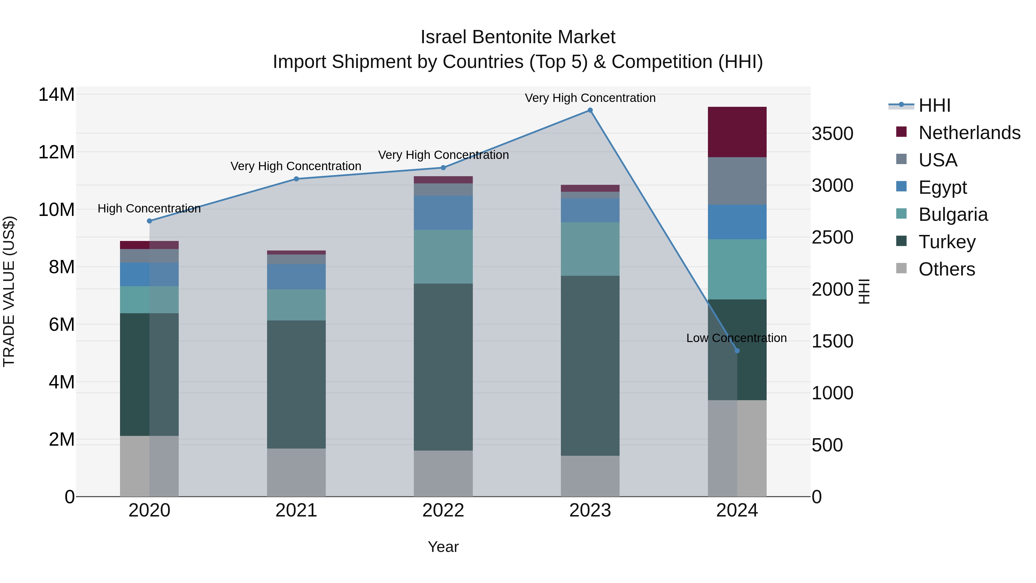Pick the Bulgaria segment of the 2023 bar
590,249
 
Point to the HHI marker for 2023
590,110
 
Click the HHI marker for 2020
149,221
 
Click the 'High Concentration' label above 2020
149,208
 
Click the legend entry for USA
938,160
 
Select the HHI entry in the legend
934,105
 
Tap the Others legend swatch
901,268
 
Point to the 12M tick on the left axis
56,152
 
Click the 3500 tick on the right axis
832,134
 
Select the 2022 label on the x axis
443,510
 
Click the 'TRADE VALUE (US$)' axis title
9,291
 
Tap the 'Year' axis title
443,547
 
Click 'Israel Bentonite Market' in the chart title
518,37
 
